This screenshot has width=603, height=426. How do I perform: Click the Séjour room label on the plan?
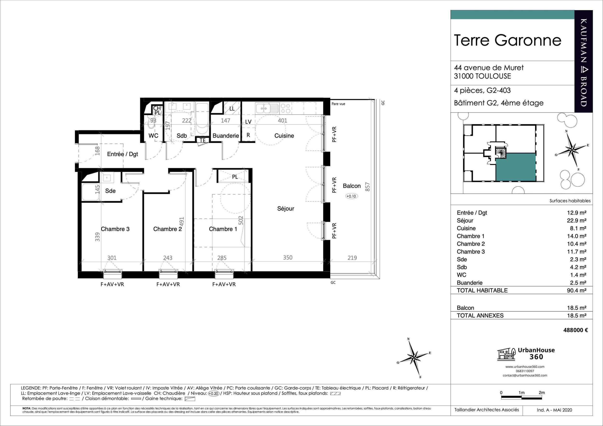coord(286,209)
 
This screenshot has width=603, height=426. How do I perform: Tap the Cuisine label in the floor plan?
coord(284,136)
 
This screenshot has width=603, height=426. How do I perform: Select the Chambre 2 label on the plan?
coord(168,229)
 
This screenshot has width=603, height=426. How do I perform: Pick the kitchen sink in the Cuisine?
coord(267,108)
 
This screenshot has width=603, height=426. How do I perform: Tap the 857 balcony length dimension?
coord(367,187)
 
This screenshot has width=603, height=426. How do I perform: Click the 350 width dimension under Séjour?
coord(288,257)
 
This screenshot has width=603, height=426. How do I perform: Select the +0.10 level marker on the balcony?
coord(351,196)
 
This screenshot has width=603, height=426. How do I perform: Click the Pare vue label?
coord(338,104)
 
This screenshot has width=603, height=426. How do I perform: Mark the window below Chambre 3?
coord(113,274)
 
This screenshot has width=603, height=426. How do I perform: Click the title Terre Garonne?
coord(507,40)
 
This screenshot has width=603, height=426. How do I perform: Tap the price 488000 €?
coord(576,330)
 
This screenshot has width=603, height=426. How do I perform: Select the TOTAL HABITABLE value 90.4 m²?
coord(576,290)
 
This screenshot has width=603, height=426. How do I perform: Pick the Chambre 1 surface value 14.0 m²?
coord(576,236)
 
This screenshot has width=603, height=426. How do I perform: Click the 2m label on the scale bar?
coord(541,393)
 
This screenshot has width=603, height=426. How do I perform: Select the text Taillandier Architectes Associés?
coord(487,410)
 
